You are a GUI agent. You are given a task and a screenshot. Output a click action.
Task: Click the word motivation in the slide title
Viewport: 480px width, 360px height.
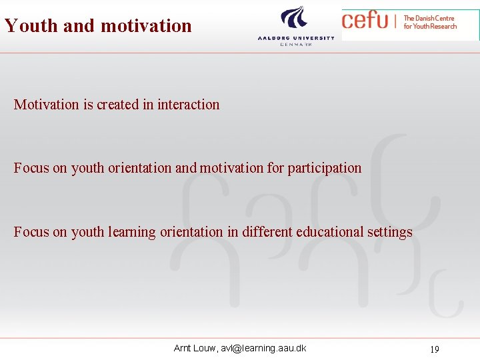pyautogui.click(x=145, y=25)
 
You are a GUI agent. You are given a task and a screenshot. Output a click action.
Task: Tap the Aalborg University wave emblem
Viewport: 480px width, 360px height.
pyautogui.click(x=295, y=19)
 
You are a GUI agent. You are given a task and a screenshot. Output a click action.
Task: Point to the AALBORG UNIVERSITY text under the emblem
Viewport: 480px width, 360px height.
pyautogui.click(x=296, y=38)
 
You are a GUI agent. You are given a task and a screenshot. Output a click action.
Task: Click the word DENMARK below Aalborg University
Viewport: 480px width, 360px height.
pyautogui.click(x=296, y=44)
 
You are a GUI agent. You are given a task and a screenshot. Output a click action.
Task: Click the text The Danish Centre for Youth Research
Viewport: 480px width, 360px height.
pyautogui.click(x=430, y=22)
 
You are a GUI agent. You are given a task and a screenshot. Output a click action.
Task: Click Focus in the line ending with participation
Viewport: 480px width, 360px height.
pyautogui.click(x=31, y=168)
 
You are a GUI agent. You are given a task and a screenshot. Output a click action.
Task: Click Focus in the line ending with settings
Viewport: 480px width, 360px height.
pyautogui.click(x=31, y=232)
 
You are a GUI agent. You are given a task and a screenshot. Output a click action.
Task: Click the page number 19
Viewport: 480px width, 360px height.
pyautogui.click(x=434, y=349)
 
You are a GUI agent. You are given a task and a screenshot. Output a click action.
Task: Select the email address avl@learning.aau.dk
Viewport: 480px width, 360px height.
pyautogui.click(x=263, y=348)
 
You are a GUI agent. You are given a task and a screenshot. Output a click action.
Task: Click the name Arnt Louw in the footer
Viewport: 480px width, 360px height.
pyautogui.click(x=194, y=348)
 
